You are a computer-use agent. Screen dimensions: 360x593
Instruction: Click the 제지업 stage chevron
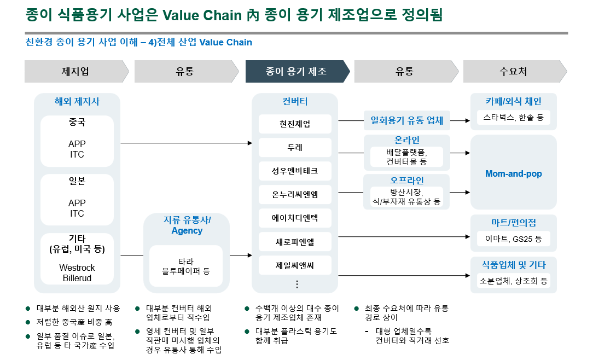tap(75, 72)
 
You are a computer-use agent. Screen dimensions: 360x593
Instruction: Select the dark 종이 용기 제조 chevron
tap(296, 72)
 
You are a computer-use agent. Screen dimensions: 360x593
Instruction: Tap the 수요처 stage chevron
tap(513, 72)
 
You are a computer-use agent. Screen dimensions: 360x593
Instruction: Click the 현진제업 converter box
tap(295, 124)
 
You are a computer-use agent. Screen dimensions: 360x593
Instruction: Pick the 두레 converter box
tap(295, 148)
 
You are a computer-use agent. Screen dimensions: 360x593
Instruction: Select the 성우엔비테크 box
tap(295, 171)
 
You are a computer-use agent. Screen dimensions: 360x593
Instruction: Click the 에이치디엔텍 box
tap(295, 218)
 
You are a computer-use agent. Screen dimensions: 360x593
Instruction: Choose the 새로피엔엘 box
tap(295, 241)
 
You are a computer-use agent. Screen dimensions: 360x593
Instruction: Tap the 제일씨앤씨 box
tap(295, 266)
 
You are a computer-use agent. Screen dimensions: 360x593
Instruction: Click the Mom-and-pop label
tap(513, 174)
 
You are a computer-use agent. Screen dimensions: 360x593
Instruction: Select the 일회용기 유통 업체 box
tap(407, 120)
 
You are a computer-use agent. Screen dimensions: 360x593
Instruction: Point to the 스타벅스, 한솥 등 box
tap(513, 118)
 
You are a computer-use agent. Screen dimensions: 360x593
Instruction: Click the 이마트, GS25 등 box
tap(513, 239)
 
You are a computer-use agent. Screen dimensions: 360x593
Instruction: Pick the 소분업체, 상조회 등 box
tap(513, 281)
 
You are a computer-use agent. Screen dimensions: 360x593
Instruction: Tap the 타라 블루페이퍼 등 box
tap(186, 266)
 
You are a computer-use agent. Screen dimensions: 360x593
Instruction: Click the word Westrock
tap(77, 268)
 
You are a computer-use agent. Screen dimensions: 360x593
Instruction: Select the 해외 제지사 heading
tap(77, 101)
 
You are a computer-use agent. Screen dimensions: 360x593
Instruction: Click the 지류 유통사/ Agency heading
tap(187, 225)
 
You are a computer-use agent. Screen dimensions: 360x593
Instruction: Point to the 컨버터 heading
tap(295, 101)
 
